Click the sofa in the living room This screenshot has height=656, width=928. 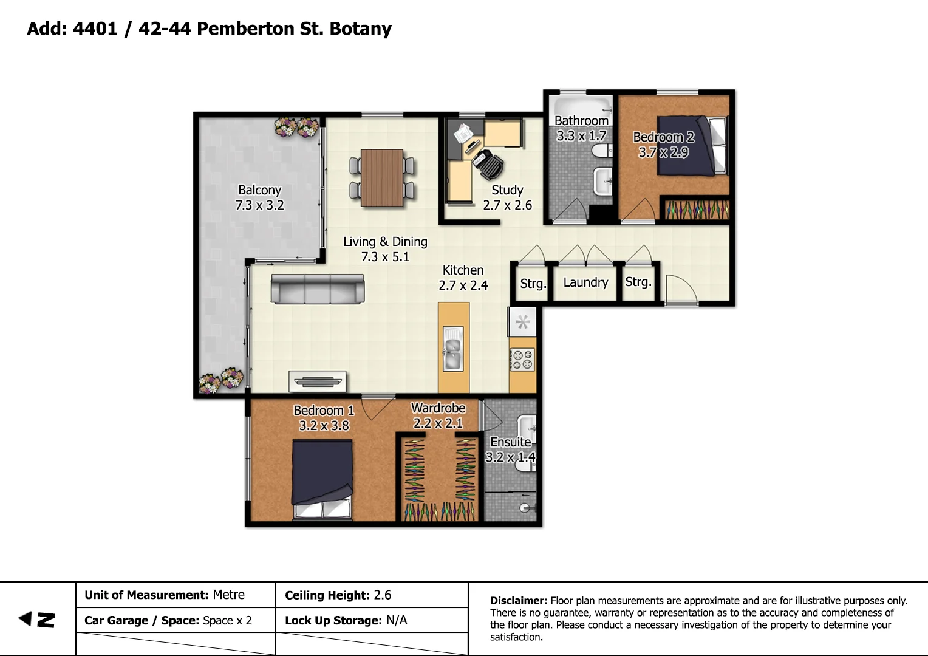[317, 289]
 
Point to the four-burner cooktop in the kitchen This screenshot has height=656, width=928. [522, 359]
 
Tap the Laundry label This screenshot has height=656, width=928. [585, 282]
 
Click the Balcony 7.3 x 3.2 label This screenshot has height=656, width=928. [259, 197]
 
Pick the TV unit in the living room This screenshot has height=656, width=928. [318, 381]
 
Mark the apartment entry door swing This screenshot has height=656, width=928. [680, 289]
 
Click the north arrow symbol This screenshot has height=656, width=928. [37, 620]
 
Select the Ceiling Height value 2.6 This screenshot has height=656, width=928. [383, 595]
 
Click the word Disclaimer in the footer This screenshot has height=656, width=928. [518, 601]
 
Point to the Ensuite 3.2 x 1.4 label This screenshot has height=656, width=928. [511, 449]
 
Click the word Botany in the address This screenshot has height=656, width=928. [360, 29]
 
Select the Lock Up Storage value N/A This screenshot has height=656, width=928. [397, 620]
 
